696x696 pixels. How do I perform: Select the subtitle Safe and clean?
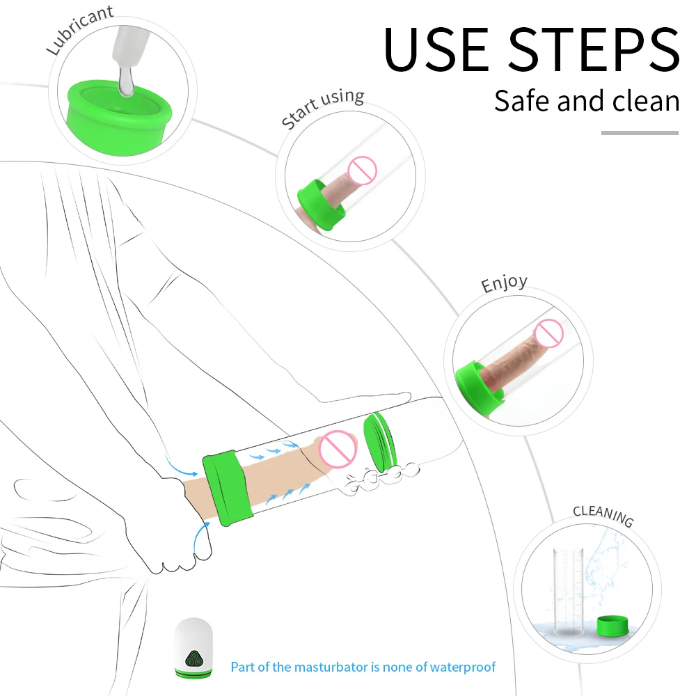(x=586, y=101)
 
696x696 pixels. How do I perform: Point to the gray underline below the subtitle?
(x=639, y=132)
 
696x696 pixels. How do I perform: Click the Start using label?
(x=322, y=109)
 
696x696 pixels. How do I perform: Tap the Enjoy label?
(x=504, y=284)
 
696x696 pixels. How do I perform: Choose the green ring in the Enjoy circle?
(x=480, y=386)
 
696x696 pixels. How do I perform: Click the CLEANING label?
(x=603, y=516)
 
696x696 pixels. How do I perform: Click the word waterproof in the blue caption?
(x=463, y=667)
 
